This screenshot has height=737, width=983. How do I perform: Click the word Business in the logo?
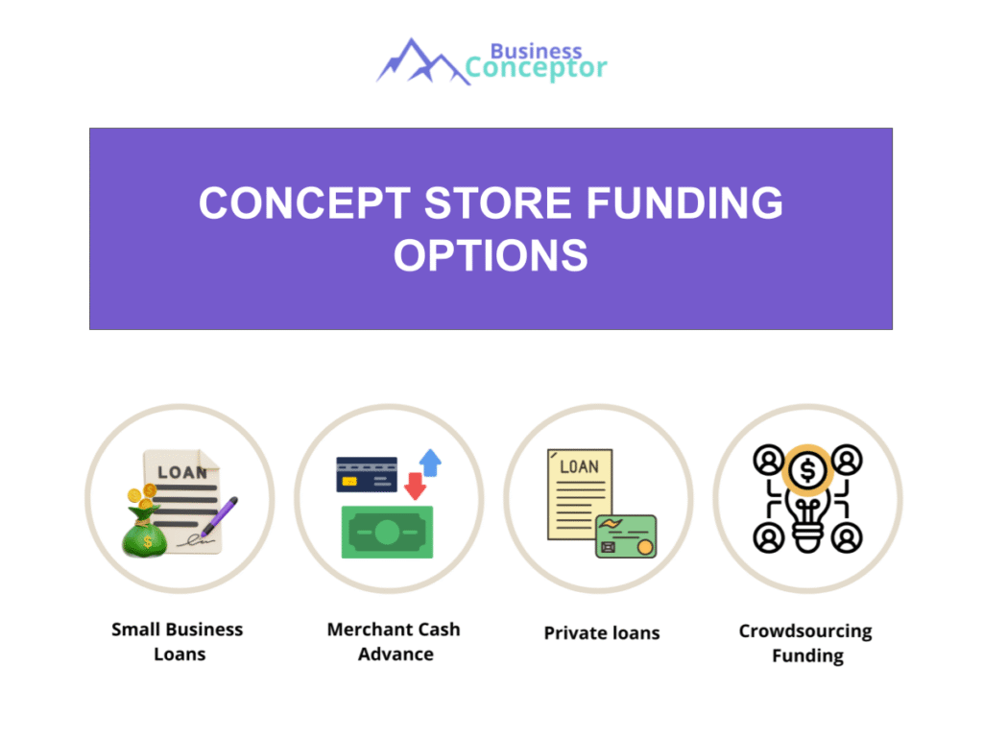[536, 50]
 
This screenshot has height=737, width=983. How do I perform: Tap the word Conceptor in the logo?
[537, 69]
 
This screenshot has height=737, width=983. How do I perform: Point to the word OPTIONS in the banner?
[491, 255]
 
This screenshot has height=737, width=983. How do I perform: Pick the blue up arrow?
[430, 463]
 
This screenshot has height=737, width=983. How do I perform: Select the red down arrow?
[415, 486]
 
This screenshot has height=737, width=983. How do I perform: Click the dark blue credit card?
[367, 474]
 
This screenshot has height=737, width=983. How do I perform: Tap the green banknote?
[387, 532]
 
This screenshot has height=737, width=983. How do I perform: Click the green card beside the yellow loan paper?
[626, 536]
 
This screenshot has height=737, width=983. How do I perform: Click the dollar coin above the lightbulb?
[807, 470]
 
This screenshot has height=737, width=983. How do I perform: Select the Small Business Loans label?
[178, 642]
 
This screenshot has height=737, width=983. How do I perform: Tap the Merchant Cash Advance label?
[394, 642]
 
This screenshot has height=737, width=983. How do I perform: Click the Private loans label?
[602, 633]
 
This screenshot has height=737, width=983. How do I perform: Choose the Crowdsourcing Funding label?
[806, 644]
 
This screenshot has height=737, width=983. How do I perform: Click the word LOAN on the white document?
[182, 472]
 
